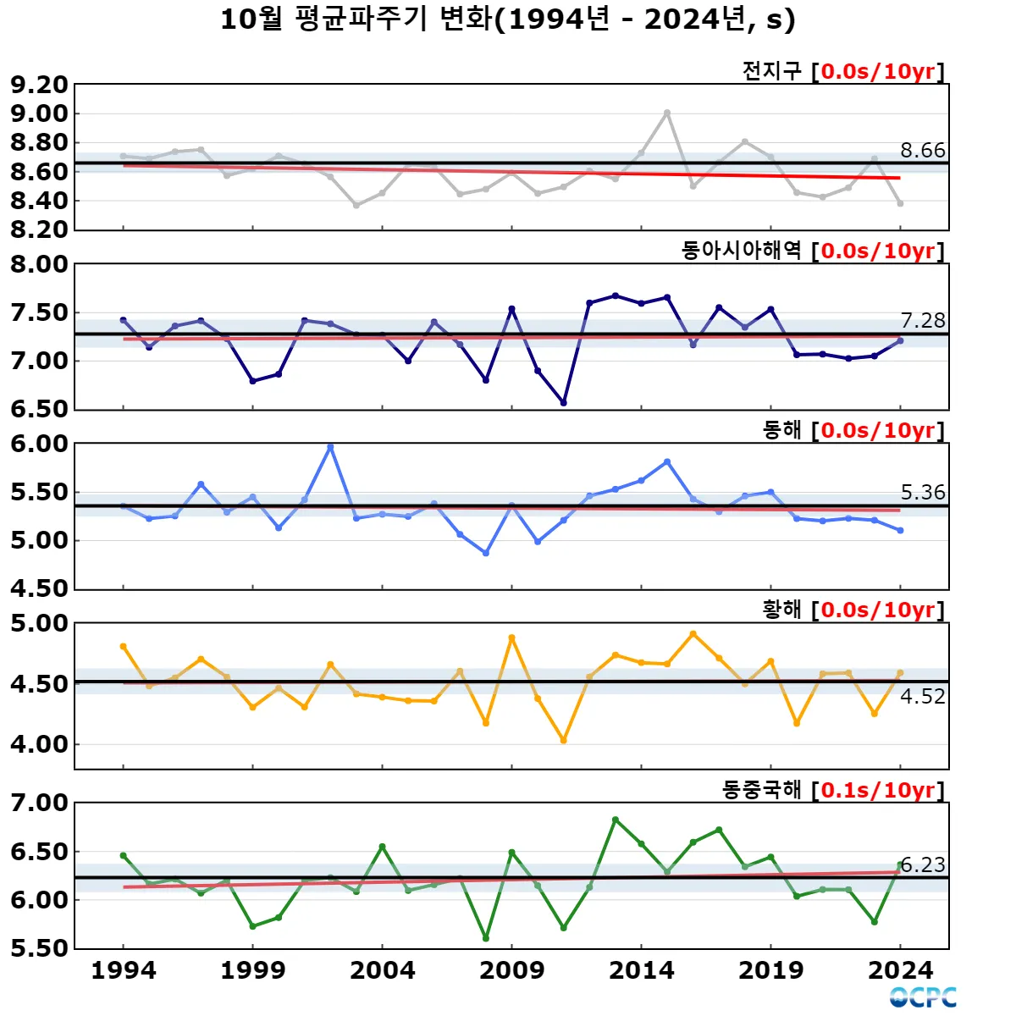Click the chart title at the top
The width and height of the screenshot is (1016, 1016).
508,19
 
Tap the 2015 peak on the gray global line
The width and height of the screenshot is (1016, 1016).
667,113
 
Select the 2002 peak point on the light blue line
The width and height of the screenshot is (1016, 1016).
330,447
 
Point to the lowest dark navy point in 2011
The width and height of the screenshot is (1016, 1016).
564,403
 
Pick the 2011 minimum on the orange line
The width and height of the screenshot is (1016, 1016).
564,741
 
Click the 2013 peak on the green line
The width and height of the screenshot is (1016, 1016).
616,820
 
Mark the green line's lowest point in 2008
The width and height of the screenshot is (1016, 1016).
486,938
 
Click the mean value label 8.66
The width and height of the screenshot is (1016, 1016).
922,151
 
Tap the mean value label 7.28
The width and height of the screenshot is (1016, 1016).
922,321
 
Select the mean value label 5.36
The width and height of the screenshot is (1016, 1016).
922,493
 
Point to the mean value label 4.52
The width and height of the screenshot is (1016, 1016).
922,697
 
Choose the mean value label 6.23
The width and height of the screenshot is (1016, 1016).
922,864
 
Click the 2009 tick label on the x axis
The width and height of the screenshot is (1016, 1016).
511,970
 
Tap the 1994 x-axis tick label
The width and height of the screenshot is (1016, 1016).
124,970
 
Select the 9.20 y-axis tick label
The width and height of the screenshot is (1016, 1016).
39,85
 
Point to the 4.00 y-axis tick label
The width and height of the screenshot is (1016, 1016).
39,745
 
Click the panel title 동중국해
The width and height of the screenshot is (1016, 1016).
761,790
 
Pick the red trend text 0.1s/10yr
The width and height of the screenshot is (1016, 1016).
877,790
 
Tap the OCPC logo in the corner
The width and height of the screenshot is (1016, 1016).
923,997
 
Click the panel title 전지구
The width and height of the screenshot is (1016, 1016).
771,71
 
